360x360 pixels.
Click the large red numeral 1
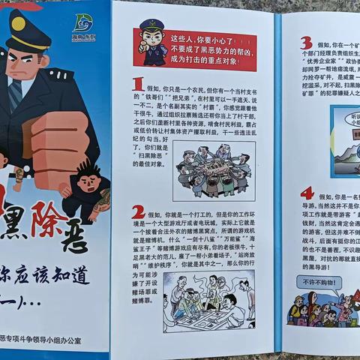138,84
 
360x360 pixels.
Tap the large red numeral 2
139,212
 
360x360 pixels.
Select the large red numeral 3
306,43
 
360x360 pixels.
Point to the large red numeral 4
307,193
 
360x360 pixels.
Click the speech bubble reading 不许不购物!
319,283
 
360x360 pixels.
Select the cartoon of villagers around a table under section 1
214,171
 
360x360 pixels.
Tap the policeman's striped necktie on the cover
15,93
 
